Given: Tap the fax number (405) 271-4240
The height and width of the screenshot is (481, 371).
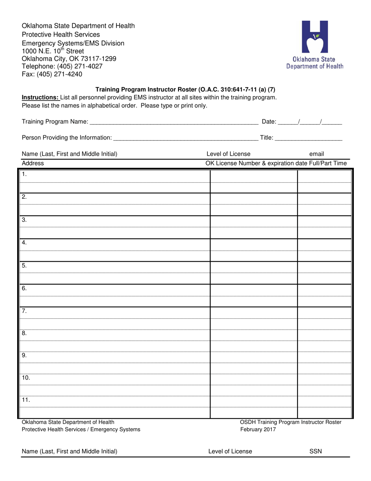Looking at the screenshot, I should [60, 74].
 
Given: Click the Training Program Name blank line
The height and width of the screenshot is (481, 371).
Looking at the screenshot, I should [174, 122].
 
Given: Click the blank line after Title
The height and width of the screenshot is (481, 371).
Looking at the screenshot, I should [309, 138].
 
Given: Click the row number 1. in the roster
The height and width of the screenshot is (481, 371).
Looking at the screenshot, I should [24, 174].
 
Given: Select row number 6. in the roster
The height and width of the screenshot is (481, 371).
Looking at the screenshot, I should [24, 288].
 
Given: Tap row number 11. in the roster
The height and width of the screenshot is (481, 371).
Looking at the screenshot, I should [26, 400].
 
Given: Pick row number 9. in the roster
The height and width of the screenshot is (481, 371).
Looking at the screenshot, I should [24, 355].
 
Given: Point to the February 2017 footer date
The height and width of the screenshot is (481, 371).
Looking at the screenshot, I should [258, 429].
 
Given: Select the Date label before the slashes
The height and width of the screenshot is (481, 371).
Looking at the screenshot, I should [269, 122].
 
